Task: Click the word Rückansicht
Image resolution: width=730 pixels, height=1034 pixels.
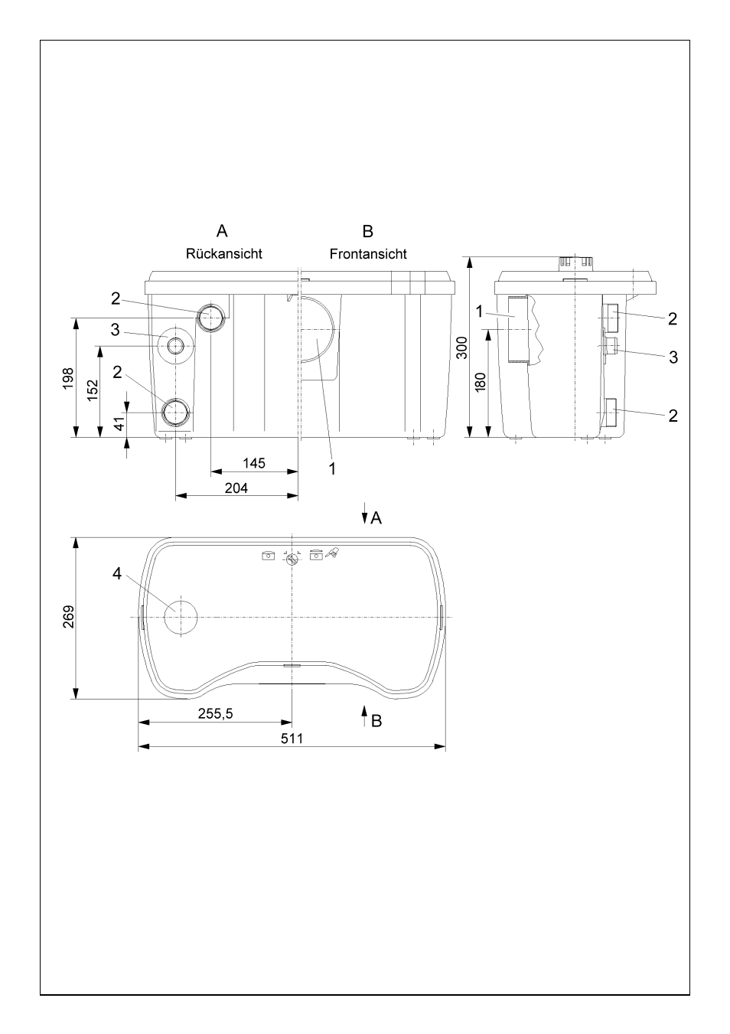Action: [223, 254]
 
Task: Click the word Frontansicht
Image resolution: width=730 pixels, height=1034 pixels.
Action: [368, 254]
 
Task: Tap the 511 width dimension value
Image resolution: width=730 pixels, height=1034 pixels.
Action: [292, 739]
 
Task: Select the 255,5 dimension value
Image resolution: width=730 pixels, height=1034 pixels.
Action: [216, 713]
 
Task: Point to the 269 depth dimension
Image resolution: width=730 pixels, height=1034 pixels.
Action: [68, 617]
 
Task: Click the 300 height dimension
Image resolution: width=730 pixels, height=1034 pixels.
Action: [461, 348]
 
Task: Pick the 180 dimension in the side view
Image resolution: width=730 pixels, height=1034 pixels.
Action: [481, 383]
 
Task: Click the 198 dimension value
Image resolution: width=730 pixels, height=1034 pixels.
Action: [68, 379]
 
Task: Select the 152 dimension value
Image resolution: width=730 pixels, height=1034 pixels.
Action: [93, 390]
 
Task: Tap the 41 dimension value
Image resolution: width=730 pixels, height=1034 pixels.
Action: [119, 424]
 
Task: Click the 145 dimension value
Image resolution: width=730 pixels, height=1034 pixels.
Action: [254, 463]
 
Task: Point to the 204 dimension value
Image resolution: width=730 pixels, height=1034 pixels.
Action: [236, 488]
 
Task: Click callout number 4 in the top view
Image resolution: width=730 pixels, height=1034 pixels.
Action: [117, 574]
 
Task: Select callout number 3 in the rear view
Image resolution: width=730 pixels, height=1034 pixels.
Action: [116, 330]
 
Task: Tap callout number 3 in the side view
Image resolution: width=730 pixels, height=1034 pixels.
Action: [673, 357]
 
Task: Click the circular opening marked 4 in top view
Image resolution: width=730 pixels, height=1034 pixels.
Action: [181, 618]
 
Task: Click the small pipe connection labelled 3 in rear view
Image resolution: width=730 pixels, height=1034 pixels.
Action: [175, 346]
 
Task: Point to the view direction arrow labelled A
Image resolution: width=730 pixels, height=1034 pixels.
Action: [364, 514]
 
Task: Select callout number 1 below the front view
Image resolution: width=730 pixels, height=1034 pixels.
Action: [332, 469]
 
